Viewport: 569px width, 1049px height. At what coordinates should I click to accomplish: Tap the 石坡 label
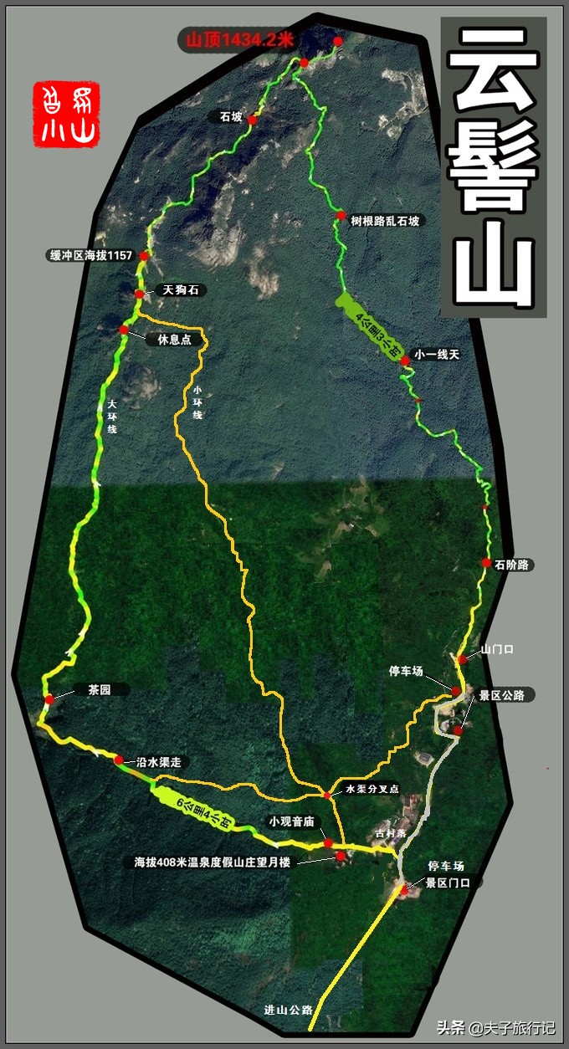pos(231,118)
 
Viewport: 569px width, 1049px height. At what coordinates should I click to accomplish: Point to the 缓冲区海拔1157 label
pos(91,255)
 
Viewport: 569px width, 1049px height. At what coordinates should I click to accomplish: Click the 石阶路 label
pos(513,565)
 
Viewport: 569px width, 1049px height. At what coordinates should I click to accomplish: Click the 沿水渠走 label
pos(159,762)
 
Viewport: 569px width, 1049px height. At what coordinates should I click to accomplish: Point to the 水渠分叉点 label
pos(372,789)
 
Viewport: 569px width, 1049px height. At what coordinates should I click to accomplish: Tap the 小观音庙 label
pos(290,821)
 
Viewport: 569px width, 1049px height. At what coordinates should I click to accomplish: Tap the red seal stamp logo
pos(66,115)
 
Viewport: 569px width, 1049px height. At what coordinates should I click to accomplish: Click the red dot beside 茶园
pos(49,698)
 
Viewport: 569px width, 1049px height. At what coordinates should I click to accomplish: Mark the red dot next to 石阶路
pos(486,563)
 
